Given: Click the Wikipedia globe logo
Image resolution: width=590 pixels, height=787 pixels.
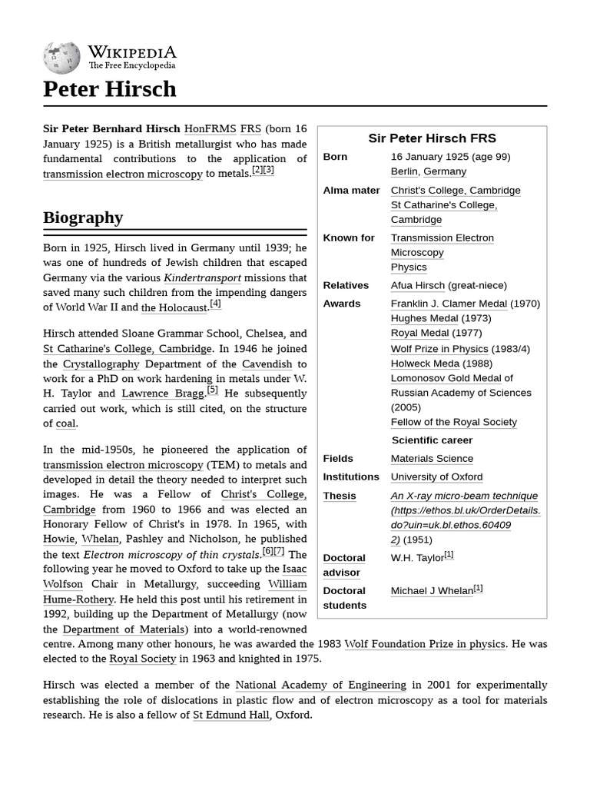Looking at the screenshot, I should pos(61,57).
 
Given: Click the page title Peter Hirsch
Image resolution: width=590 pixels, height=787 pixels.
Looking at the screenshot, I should pos(110,89).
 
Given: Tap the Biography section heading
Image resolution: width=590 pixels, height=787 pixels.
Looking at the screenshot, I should pos(83,218).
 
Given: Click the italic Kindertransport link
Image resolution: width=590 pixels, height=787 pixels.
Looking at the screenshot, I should pos(202,277).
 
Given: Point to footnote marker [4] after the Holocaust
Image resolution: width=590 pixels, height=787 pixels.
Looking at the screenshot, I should pos(215,304).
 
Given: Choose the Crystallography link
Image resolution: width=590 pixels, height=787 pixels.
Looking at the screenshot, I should pos(101,364).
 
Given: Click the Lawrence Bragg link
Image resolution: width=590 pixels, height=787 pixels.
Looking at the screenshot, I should pos(163,393).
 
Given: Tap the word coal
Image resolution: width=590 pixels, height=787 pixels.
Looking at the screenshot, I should pos(65,423).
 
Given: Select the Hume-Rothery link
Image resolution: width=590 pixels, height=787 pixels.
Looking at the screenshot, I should pos(78,599).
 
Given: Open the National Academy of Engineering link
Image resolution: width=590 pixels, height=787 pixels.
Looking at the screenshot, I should pos(320,685).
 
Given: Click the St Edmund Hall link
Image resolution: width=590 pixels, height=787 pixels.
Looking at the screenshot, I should pos(230,715).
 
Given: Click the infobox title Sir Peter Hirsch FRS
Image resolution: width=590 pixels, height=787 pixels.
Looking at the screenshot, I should pos(432,138).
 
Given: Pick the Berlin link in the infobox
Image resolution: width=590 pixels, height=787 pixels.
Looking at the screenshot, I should pos(404,171).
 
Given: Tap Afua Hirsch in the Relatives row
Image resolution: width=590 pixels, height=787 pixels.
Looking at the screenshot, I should pos(417,285).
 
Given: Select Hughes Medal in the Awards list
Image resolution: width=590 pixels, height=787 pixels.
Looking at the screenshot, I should pos(424,318).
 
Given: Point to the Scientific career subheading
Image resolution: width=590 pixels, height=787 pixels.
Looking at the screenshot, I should pos(432,440).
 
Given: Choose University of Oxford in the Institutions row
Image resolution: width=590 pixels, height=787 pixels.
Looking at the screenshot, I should pos(436,477).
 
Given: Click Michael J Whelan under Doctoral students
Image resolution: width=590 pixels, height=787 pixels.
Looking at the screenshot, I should pos(431,591).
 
